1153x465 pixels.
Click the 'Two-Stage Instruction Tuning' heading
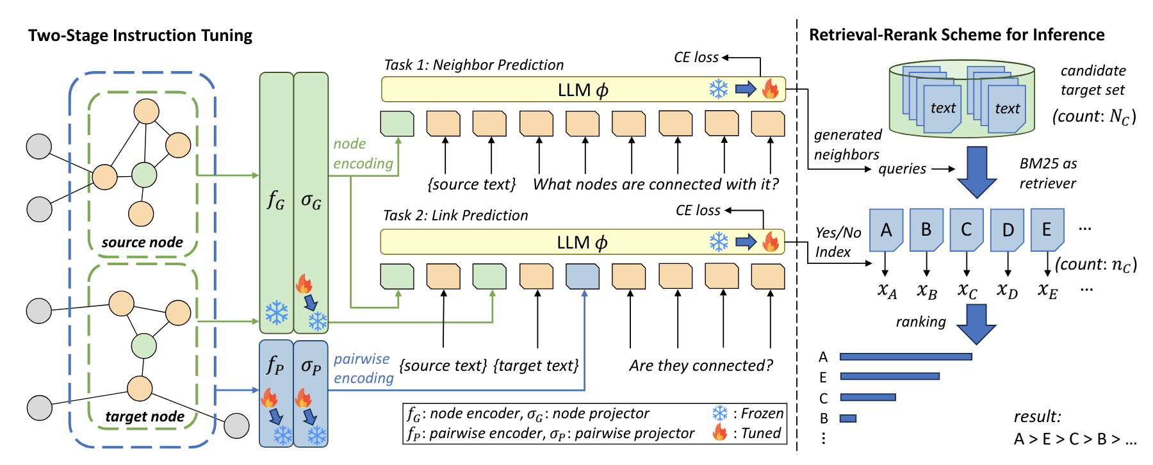pyautogui.click(x=140, y=35)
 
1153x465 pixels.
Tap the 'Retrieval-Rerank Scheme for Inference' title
pyautogui.click(x=956, y=35)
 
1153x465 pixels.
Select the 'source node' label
pyautogui.click(x=142, y=242)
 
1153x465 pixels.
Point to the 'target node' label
pyautogui.click(x=145, y=416)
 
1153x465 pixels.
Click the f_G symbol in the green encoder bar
pyautogui.click(x=276, y=200)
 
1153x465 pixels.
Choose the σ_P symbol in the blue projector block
pyautogui.click(x=311, y=366)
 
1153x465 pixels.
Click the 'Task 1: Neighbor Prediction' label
pyautogui.click(x=473, y=65)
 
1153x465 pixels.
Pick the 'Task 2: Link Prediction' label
pyautogui.click(x=455, y=215)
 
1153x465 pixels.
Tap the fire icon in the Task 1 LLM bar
pyautogui.click(x=771, y=88)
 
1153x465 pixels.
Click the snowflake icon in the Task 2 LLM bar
pyautogui.click(x=719, y=241)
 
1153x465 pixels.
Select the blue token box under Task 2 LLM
pyautogui.click(x=582, y=276)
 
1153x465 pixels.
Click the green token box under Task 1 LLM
pyautogui.click(x=397, y=124)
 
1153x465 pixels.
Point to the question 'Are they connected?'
pyautogui.click(x=701, y=365)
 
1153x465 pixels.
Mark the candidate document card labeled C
pyautogui.click(x=966, y=229)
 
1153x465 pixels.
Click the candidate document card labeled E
pyautogui.click(x=1047, y=229)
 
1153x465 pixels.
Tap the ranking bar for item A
pyautogui.click(x=906, y=357)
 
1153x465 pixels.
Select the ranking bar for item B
pyautogui.click(x=848, y=418)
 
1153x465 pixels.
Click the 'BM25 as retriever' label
pyautogui.click(x=1048, y=174)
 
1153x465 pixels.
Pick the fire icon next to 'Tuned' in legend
pyautogui.click(x=720, y=432)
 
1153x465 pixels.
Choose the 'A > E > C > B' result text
pyautogui.click(x=1075, y=439)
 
